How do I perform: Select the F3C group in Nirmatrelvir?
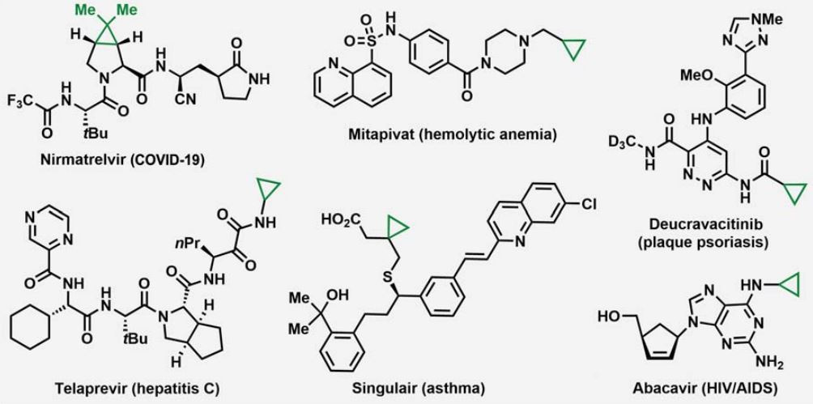(20, 103)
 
